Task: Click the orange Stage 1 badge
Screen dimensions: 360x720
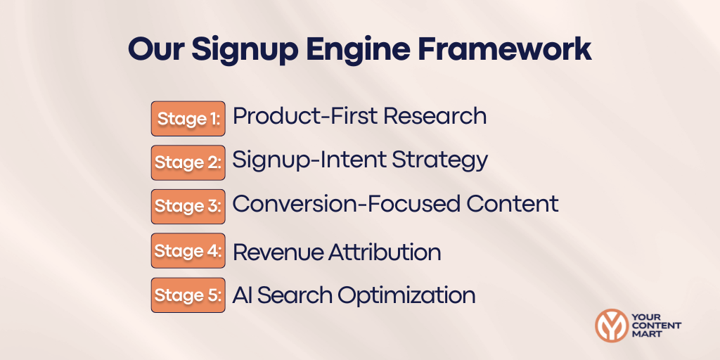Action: click(188, 118)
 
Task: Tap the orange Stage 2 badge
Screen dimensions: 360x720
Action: click(188, 162)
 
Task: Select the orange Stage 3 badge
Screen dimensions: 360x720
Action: click(188, 206)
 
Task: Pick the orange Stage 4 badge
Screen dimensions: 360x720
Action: click(188, 250)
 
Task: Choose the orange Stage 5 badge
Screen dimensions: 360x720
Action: click(188, 295)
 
